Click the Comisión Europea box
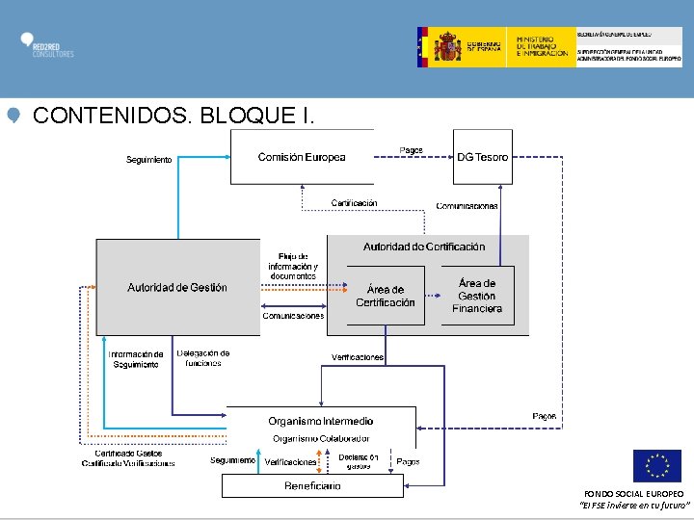pyautogui.click(x=301, y=157)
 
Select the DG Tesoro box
pyautogui.click(x=483, y=157)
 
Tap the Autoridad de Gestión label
pyautogui.click(x=177, y=287)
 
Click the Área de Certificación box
pyautogui.click(x=385, y=296)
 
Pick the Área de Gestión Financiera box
pyautogui.click(x=477, y=296)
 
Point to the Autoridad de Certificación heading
pyautogui.click(x=424, y=247)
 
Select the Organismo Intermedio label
pyautogui.click(x=321, y=421)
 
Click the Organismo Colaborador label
pyautogui.click(x=320, y=438)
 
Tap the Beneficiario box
pyautogui.click(x=312, y=486)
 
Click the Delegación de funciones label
pyautogui.click(x=203, y=358)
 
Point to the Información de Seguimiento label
pyautogui.click(x=136, y=359)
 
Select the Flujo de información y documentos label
pyautogui.click(x=293, y=266)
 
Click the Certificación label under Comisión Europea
pyautogui.click(x=354, y=203)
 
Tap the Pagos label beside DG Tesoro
pyautogui.click(x=412, y=150)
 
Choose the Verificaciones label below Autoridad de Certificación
pyautogui.click(x=358, y=357)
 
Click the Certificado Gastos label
pyautogui.click(x=128, y=454)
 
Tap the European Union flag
pyautogui.click(x=656, y=466)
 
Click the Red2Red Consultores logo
pyautogui.click(x=46, y=45)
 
